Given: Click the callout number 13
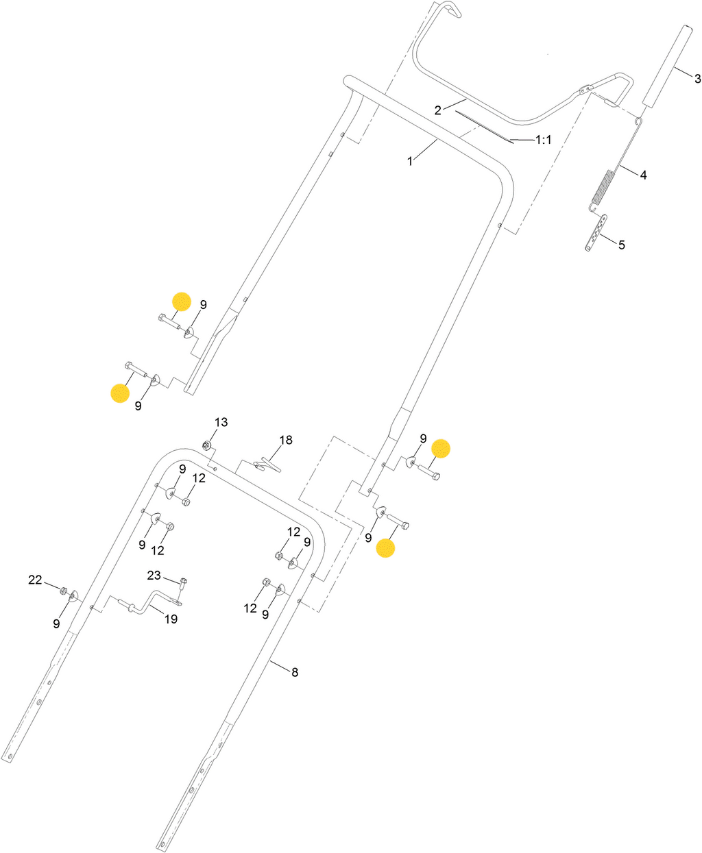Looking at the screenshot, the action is [221, 422].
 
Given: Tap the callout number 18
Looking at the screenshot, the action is [286, 440].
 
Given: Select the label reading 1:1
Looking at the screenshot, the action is [544, 140].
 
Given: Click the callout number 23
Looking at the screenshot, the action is [154, 575].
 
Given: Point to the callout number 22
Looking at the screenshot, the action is [35, 580].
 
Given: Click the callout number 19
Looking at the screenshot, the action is [171, 619].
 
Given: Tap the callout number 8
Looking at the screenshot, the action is [295, 672].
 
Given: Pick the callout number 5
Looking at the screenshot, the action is [622, 245].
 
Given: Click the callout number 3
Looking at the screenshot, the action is [698, 79].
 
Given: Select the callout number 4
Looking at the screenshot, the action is [643, 175].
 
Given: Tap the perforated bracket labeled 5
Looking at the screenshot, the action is [596, 233].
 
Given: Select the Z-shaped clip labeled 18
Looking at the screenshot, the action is [267, 465].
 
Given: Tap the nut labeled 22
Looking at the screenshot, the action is [63, 591].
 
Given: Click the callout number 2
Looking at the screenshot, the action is [437, 110].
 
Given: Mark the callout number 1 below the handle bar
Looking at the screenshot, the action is [410, 162].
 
